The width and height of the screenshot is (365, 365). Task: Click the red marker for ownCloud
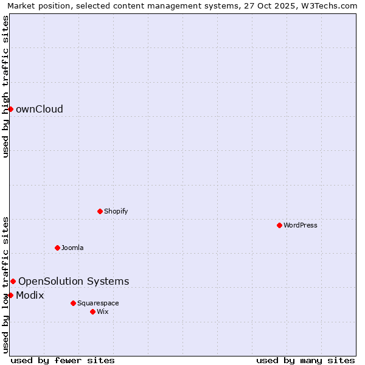(x=10, y=109)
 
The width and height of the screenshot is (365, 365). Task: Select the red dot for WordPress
(x=279, y=225)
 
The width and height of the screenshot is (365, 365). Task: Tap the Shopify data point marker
(x=100, y=211)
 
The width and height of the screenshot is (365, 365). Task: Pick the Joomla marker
(x=57, y=248)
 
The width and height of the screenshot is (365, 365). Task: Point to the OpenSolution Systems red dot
(x=13, y=281)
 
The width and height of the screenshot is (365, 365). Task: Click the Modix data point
(x=10, y=295)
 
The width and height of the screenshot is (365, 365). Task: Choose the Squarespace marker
(x=73, y=303)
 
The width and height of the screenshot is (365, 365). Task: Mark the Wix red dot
(x=92, y=311)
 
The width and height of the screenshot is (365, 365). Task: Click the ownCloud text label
(x=40, y=109)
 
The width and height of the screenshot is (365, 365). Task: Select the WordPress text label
(x=301, y=225)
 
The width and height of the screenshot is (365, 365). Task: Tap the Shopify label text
(x=116, y=211)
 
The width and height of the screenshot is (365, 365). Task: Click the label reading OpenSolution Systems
(x=74, y=281)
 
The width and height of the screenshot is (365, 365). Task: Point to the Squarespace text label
(x=98, y=303)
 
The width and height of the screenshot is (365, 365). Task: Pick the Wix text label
(x=102, y=311)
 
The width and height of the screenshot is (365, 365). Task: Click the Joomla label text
(x=72, y=248)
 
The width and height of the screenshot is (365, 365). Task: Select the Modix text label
(x=30, y=296)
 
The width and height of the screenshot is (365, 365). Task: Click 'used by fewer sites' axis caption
(x=63, y=360)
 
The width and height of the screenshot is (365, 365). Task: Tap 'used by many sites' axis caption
(x=305, y=360)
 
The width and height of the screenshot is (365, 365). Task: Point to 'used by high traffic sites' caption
(x=6, y=86)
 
